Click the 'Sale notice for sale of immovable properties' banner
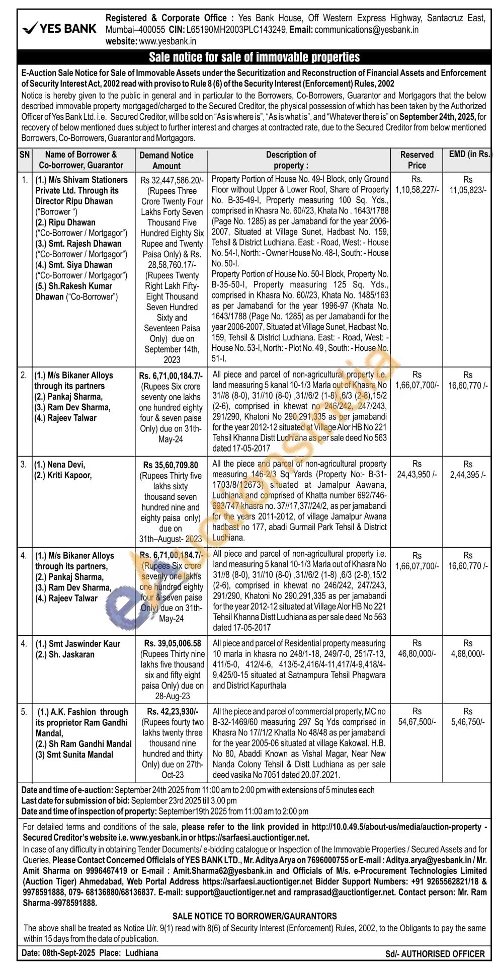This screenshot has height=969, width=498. [254, 57]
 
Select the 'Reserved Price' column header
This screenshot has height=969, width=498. [417, 160]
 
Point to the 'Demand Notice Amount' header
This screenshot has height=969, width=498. [167, 160]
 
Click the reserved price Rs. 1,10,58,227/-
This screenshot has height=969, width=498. [417, 190]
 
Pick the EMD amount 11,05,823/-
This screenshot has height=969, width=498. [468, 190]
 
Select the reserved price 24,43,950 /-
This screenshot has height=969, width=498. [417, 475]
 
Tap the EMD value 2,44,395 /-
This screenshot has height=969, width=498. [468, 475]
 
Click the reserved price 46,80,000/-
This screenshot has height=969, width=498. [417, 653]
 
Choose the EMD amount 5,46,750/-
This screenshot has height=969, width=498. [468, 722]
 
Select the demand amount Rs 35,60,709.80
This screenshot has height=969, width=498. [171, 465]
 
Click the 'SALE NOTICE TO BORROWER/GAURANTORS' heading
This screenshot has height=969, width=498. [255, 916]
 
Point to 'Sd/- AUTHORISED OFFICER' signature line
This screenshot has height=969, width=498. [435, 954]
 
